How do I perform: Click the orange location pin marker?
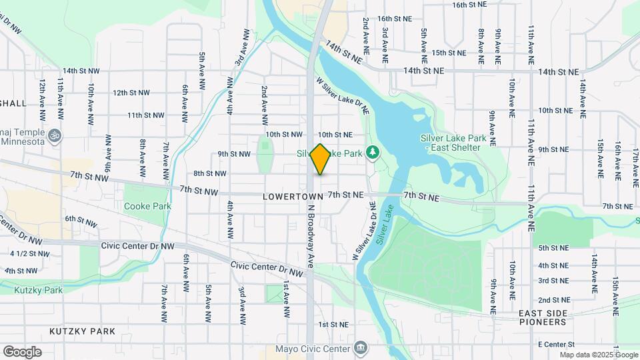(321, 159)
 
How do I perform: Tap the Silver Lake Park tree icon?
(373, 153)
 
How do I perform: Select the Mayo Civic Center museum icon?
(361, 348)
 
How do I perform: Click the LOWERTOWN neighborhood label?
(293, 197)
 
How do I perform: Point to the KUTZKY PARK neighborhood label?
(82, 331)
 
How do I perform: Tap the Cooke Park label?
(147, 206)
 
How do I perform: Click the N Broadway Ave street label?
(310, 235)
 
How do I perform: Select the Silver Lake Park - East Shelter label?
(451, 143)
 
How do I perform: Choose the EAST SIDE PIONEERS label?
(543, 317)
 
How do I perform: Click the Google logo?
(22, 351)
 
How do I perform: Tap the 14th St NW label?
(81, 70)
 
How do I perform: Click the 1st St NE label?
(333, 325)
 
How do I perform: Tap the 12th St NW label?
(131, 93)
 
